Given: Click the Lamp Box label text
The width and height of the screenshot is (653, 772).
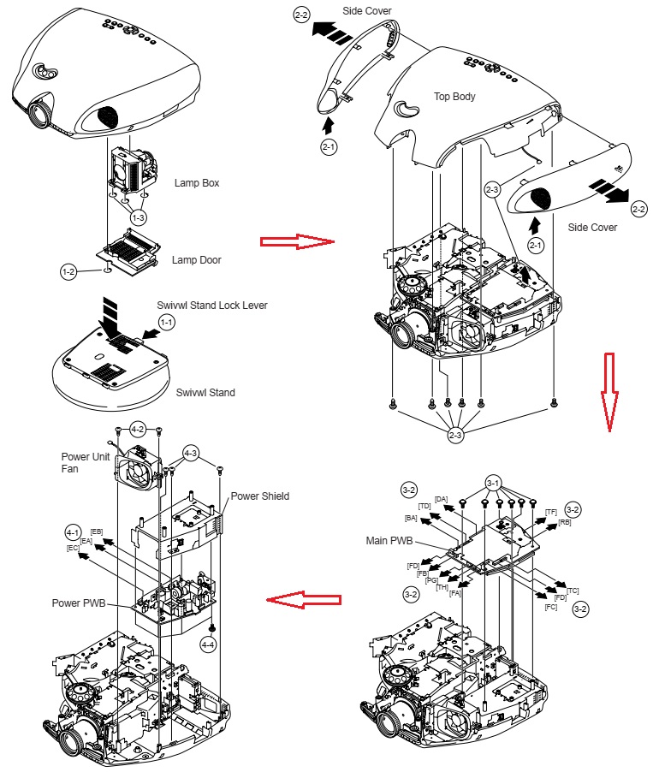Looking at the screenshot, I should (x=198, y=182).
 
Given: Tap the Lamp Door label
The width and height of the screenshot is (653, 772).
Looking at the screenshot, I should (x=197, y=259).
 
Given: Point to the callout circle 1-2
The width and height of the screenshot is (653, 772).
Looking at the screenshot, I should (x=69, y=271).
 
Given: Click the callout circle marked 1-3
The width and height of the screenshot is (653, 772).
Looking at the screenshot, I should (x=139, y=218).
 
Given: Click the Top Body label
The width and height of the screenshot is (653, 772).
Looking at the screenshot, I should (x=454, y=97).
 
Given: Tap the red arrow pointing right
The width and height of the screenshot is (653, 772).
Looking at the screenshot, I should (x=296, y=242).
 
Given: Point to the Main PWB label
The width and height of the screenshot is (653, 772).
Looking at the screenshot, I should (x=390, y=540).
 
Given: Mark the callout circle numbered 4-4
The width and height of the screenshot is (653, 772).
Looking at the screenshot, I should (x=209, y=643).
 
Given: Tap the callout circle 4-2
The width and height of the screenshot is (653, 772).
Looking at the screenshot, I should (x=139, y=428).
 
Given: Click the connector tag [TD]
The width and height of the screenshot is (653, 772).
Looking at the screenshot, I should (x=424, y=506).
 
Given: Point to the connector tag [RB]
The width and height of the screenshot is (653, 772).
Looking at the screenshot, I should (x=564, y=522).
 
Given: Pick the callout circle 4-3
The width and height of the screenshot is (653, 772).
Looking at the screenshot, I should (x=191, y=453).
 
